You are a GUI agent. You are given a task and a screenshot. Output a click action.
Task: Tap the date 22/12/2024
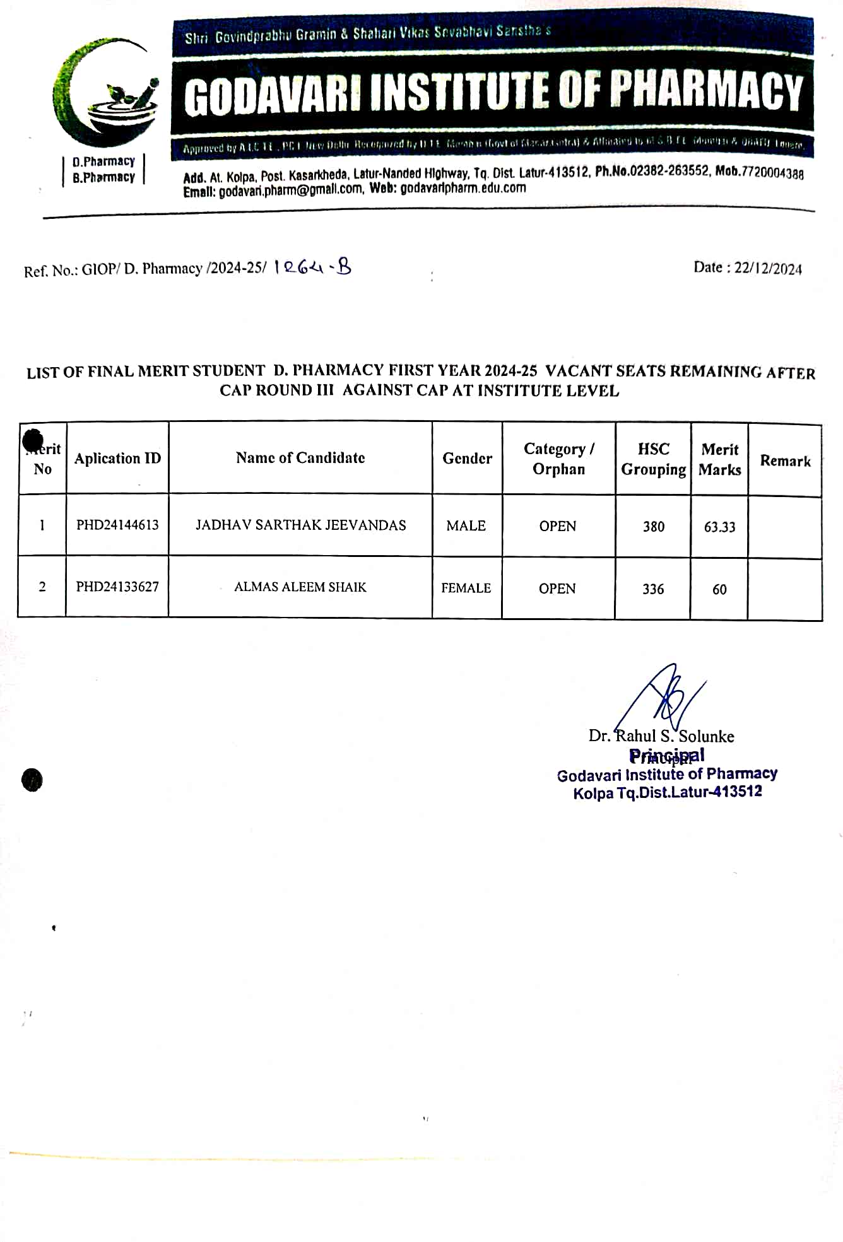pos(767,269)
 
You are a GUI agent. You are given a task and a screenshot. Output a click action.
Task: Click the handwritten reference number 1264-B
pos(312,267)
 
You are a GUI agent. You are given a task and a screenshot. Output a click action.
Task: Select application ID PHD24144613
pos(117,525)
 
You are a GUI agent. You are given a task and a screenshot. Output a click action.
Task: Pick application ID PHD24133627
pos(117,587)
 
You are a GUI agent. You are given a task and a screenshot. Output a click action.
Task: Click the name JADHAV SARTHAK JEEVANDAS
pos(300,525)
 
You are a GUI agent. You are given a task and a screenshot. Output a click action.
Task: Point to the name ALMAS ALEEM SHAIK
pos(300,587)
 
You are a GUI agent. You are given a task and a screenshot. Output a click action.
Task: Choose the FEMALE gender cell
pos(466,588)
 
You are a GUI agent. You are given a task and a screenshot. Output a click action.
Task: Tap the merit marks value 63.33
pos(719,527)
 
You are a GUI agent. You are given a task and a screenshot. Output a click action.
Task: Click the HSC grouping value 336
pos(653,589)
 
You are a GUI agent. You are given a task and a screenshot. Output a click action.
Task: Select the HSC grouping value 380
pos(654,527)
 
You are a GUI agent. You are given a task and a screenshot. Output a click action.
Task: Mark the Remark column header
pos(785,460)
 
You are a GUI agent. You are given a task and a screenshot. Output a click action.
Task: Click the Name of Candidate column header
pos(300,458)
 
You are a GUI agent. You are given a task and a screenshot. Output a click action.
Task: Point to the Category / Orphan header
pos(558,459)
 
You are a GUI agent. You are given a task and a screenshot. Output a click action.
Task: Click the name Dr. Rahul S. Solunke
pos(661,736)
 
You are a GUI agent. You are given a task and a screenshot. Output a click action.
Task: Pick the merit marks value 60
pos(719,589)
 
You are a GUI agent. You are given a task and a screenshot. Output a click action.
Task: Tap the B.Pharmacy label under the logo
pos(103,178)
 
